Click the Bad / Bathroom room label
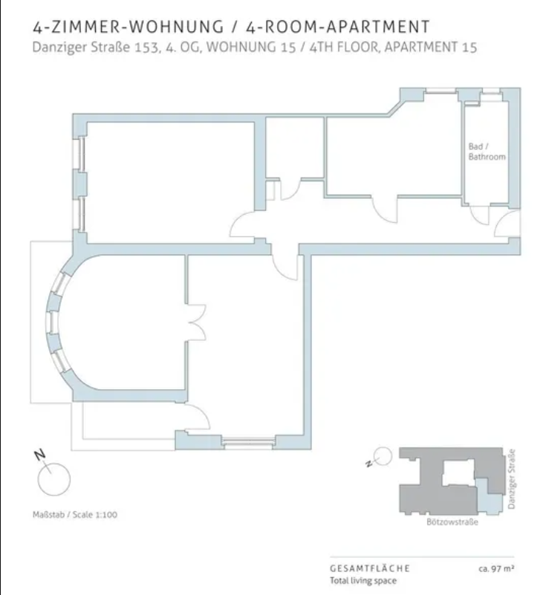[487, 152]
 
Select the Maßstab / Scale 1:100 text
[75, 515]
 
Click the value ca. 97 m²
[496, 568]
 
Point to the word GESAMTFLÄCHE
[370, 568]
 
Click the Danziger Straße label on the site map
[512, 479]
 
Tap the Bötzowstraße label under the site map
[452, 522]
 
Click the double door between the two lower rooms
[196, 322]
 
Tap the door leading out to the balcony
[198, 417]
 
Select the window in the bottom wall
[249, 443]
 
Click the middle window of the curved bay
[51, 322]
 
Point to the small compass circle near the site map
[383, 456]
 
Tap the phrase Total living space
[363, 581]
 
